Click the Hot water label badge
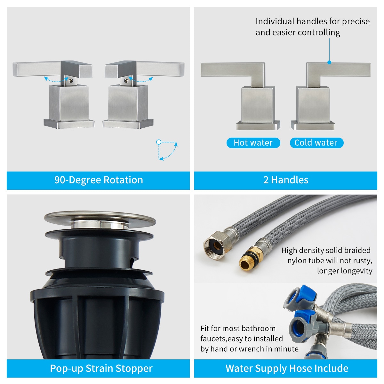[253, 143]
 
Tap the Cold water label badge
[316, 143]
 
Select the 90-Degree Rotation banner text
[99, 180]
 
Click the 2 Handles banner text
[286, 180]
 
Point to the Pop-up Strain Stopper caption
[101, 368]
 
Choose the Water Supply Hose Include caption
[287, 368]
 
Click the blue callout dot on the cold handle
[329, 63]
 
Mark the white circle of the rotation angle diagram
[158, 142]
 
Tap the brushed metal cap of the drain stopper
[100, 219]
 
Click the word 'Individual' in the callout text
[275, 21]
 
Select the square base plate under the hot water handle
[258, 125]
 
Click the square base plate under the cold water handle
[313, 125]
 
